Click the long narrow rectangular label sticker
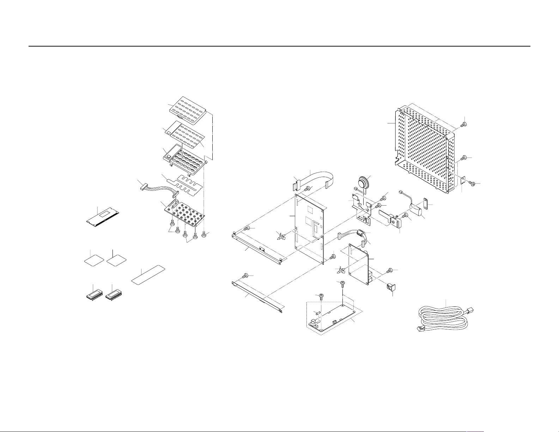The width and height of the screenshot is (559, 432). pyautogui.click(x=148, y=274)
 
